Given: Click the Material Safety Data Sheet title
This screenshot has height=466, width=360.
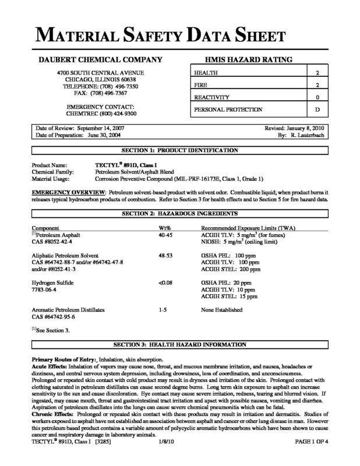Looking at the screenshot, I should point(179,36).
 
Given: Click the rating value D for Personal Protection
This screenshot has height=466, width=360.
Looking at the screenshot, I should point(317,110).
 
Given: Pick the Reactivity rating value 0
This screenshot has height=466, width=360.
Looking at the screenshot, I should point(317,97).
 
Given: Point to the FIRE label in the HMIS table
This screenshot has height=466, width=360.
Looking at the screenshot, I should point(201,85).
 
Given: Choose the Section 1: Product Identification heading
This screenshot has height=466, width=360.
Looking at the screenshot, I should point(179,150).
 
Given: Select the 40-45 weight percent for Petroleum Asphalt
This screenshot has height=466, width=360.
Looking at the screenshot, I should point(165,233).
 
